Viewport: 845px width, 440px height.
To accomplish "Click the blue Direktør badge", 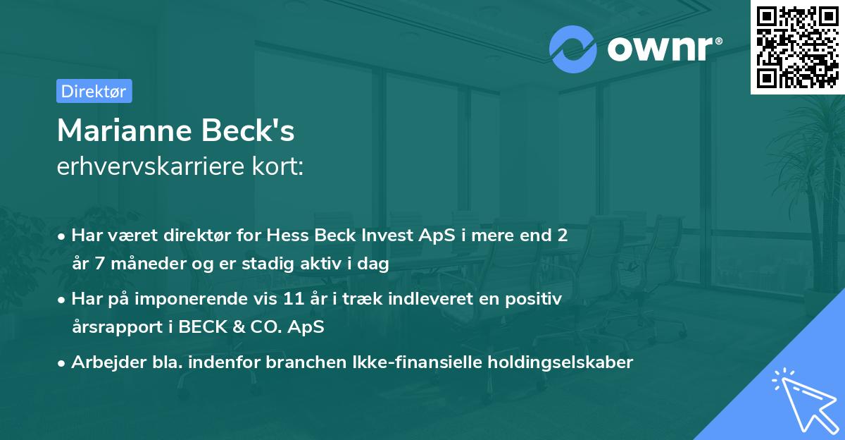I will pyautogui.click(x=94, y=91).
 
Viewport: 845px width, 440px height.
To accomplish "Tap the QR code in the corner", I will pyautogui.click(x=797, y=47).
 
